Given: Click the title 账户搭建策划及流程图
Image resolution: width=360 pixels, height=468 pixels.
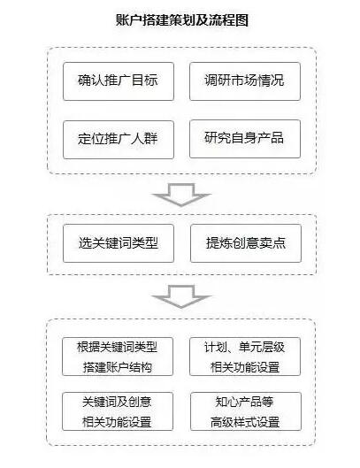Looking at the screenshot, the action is (x=182, y=20).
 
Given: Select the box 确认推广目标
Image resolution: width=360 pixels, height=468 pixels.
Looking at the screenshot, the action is (x=119, y=81).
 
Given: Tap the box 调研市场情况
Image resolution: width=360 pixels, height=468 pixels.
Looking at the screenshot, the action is (x=245, y=81).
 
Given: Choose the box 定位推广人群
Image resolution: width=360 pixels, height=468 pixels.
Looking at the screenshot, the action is (x=119, y=140).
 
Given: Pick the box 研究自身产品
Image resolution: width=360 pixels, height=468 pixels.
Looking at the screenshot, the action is (x=245, y=139).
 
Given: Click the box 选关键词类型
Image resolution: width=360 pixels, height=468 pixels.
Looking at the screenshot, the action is (x=119, y=243).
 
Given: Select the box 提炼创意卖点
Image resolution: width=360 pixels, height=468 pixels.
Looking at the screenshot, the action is (x=246, y=243).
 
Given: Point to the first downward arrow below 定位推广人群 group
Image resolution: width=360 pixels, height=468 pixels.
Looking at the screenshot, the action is (x=181, y=195).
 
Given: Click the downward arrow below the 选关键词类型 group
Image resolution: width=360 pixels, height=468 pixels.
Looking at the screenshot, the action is (x=181, y=296).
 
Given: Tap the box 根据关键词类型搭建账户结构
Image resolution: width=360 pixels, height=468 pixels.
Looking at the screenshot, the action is (x=118, y=357).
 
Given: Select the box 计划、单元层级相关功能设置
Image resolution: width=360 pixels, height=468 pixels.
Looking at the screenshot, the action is (x=245, y=357).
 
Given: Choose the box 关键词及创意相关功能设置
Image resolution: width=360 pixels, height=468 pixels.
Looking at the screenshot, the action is (x=118, y=411).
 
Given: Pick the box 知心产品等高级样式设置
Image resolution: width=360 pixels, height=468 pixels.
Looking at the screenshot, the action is (x=246, y=411).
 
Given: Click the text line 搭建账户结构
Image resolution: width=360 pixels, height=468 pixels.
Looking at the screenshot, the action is (x=118, y=367).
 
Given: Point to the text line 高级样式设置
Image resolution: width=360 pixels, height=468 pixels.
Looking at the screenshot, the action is (x=245, y=422).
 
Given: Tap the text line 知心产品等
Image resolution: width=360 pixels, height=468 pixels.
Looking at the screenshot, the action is (x=244, y=402).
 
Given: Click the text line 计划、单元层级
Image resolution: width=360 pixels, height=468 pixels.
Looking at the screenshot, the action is (x=244, y=347).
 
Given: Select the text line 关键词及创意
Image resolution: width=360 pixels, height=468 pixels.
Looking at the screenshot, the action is (x=117, y=402).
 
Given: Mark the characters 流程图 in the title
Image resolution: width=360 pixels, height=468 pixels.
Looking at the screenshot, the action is (x=229, y=20).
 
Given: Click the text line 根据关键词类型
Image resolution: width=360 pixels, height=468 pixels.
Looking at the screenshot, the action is (x=117, y=347).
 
